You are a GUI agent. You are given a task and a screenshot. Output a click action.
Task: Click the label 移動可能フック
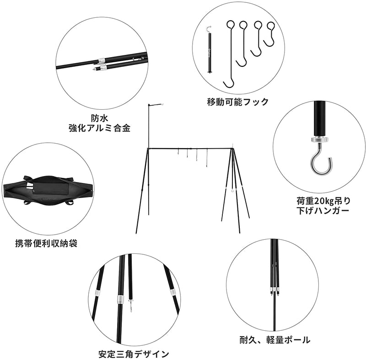237,102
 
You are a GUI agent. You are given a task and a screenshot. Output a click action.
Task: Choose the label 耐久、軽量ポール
274,340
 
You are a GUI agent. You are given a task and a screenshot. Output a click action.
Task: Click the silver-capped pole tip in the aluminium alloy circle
97,69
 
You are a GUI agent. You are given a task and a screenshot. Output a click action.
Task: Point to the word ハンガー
334,211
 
